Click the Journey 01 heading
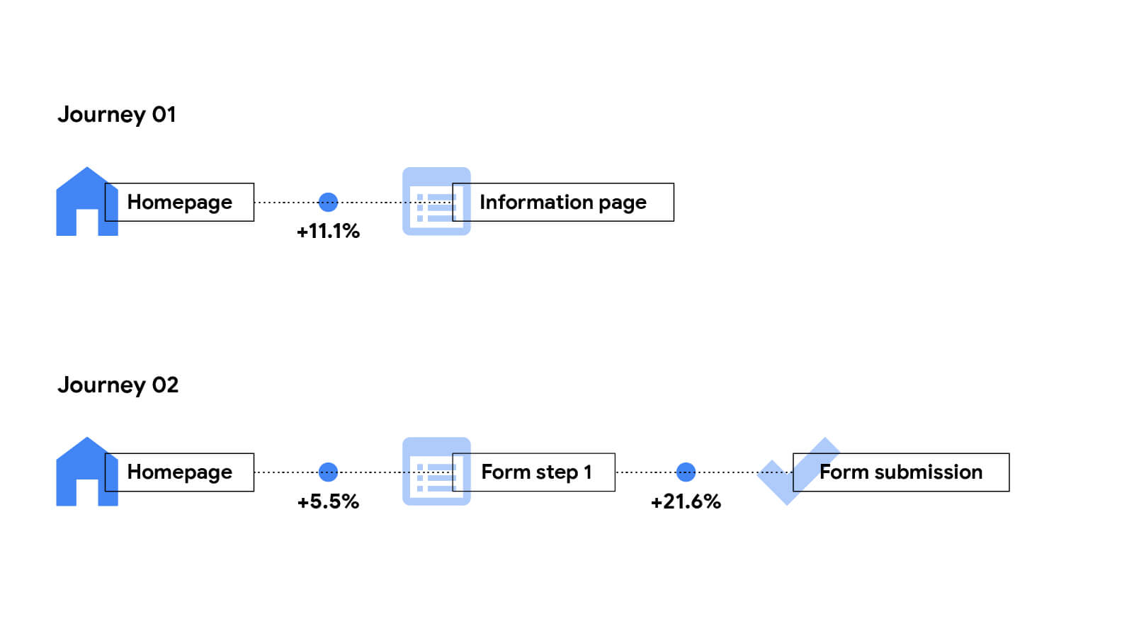click(x=116, y=114)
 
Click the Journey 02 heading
click(x=118, y=385)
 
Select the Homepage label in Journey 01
click(x=179, y=202)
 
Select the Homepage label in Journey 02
click(x=179, y=472)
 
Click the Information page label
click(x=563, y=202)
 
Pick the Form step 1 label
click(x=535, y=472)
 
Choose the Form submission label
click(x=900, y=472)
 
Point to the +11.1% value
click(x=328, y=231)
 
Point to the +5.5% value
click(x=328, y=501)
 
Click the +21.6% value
click(x=686, y=501)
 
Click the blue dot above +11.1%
click(x=328, y=202)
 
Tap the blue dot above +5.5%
click(x=328, y=472)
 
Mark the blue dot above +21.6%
click(x=686, y=472)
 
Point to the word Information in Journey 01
click(x=536, y=202)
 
